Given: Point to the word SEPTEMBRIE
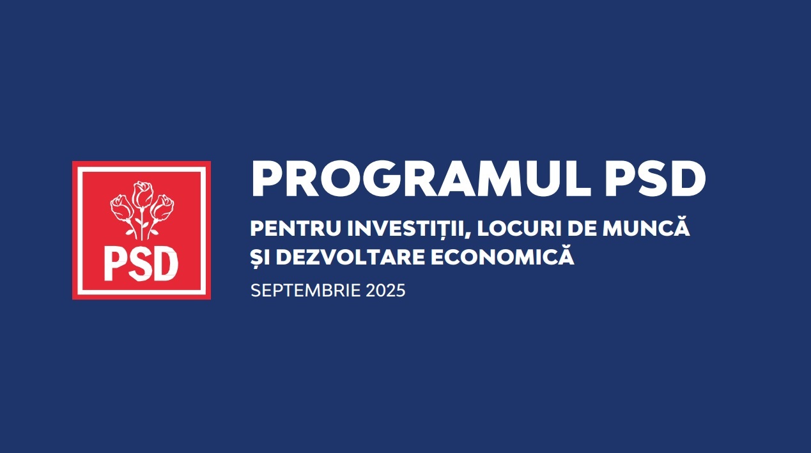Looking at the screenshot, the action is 305,291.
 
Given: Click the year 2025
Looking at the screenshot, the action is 385,291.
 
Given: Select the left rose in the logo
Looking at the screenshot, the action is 121,208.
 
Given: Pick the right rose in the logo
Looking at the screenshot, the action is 162,208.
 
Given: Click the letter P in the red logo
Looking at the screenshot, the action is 114,263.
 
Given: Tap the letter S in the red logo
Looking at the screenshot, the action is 139,263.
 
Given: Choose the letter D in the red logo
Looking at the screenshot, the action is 166,263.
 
